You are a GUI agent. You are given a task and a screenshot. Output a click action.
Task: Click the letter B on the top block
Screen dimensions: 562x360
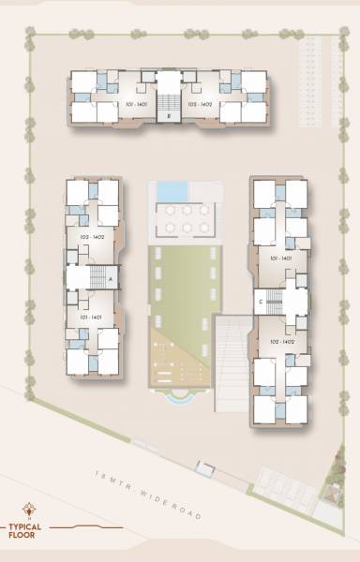[x=168, y=115]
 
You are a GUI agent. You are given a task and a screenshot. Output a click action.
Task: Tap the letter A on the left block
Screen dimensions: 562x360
[x=111, y=279]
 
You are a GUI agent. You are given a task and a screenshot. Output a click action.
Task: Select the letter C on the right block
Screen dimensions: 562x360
[x=259, y=302]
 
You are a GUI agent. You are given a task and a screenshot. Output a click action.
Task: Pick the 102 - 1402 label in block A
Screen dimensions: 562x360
[x=92, y=237]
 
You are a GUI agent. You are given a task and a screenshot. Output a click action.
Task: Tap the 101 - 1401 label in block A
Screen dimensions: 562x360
[x=90, y=318]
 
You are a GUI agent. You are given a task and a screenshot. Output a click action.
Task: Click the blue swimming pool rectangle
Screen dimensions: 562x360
[x=172, y=190]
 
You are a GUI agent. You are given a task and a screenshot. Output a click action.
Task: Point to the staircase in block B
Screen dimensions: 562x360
[x=168, y=99]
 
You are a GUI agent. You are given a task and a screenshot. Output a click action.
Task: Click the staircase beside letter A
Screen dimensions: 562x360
[x=96, y=277]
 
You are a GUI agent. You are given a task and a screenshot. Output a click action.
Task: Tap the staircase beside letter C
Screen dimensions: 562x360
[x=274, y=302]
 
